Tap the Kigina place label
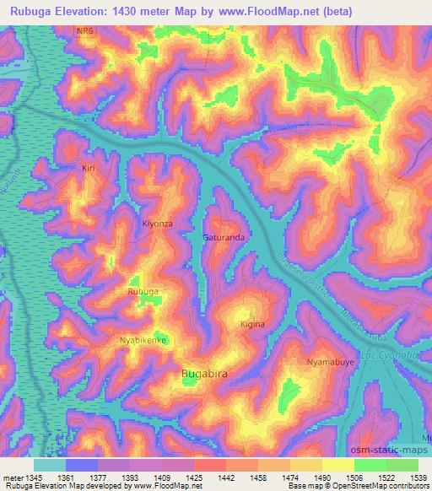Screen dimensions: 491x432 click(x=252, y=324)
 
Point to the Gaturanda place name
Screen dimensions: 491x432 click(x=224, y=238)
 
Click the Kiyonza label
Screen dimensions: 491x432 click(x=158, y=224)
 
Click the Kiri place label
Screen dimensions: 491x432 click(x=89, y=169)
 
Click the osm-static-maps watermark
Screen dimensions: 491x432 click(x=394, y=451)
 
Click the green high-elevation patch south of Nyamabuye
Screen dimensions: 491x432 click(x=290, y=390)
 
